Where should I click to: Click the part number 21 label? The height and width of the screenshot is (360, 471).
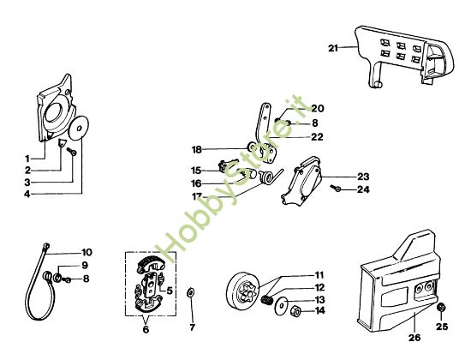point(333,48)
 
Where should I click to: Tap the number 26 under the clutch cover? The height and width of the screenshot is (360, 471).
point(414,338)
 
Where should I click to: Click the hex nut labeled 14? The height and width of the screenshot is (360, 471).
point(295,311)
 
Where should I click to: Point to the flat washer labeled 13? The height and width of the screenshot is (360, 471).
point(282,305)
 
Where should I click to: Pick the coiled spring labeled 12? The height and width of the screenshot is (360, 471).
point(265,299)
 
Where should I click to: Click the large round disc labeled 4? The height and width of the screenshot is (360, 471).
point(79,128)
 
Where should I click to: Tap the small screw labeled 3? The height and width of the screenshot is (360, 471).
point(71,151)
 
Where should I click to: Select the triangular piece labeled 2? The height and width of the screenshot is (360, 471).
point(63,142)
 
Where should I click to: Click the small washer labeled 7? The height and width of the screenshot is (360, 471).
point(190,292)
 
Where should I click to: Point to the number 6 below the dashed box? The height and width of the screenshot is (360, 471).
point(146,329)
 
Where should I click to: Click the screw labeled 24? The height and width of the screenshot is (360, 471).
point(335,188)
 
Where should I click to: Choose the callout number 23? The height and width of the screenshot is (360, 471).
point(363,177)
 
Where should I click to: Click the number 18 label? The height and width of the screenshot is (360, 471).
point(197,149)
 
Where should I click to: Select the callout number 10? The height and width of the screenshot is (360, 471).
point(86,252)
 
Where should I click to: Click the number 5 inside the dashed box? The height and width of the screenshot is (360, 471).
point(169,291)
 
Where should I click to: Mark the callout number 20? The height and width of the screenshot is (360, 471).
point(317,108)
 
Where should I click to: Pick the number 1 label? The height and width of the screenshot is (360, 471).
point(27,159)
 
